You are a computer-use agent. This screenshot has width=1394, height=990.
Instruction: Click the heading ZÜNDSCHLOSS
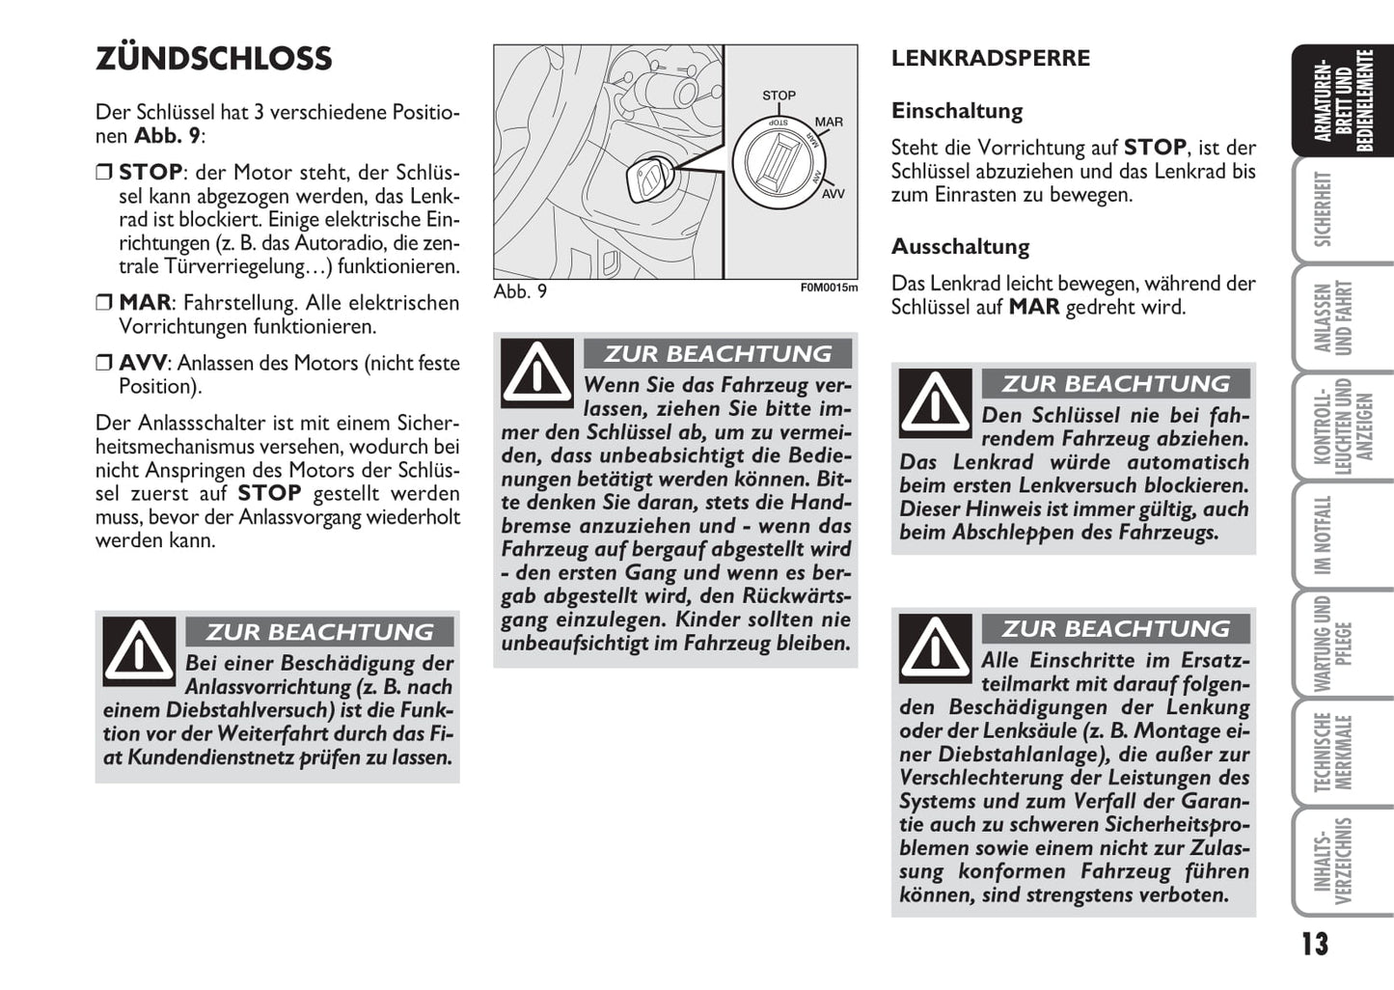[213, 59]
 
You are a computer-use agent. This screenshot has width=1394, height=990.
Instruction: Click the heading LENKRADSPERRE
[990, 58]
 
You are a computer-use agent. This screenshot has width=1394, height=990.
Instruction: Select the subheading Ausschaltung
[960, 247]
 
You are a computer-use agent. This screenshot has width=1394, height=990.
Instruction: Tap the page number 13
[1314, 944]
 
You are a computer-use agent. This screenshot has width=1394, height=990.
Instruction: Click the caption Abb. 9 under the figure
[520, 291]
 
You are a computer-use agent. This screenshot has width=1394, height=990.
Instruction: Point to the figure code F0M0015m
[829, 288]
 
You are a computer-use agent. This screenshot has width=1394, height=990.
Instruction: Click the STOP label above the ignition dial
[779, 96]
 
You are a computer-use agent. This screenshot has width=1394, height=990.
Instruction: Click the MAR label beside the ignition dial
[829, 123]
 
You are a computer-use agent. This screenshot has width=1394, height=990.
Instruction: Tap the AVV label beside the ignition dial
[833, 194]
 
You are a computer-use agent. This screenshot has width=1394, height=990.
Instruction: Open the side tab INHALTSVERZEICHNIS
[1332, 862]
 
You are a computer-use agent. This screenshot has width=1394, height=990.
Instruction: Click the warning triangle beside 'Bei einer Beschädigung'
[139, 650]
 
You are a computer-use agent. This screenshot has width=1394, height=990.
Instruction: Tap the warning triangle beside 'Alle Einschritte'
[935, 647]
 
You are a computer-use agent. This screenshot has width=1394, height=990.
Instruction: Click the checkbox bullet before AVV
[104, 364]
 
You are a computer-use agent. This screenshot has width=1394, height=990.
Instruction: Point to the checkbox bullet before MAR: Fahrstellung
[104, 303]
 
